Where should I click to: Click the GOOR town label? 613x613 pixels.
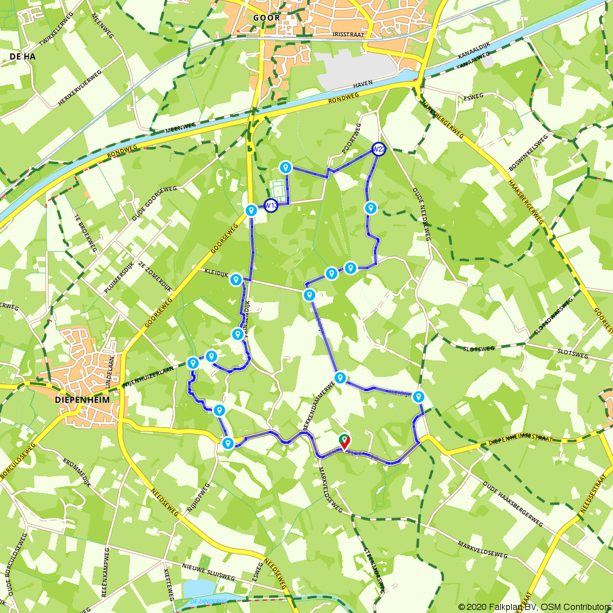click(x=267, y=18)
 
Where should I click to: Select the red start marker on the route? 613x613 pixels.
click(x=345, y=440)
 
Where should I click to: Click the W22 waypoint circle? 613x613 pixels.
click(x=379, y=149)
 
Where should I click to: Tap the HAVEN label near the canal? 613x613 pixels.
click(x=363, y=83)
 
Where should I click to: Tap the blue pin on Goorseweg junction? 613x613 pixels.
click(x=251, y=210)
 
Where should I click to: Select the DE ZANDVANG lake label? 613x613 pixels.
click(x=208, y=601)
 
